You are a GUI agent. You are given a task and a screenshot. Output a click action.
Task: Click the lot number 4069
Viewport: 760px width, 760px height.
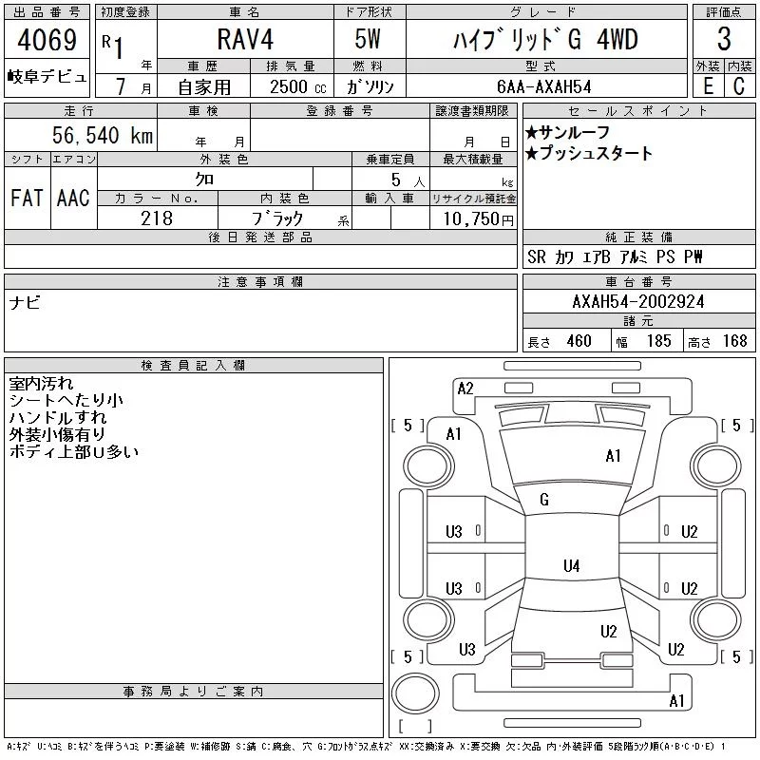pyautogui.click(x=47, y=40)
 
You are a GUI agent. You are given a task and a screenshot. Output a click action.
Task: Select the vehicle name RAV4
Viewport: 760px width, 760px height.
pyautogui.click(x=245, y=39)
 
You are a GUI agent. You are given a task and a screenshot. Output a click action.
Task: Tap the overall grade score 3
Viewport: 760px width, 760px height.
pyautogui.click(x=724, y=39)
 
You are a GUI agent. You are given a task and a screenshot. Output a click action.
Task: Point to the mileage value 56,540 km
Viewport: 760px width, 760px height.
pyautogui.click(x=103, y=135)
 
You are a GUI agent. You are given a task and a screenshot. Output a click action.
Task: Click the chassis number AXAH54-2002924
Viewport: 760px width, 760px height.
pyautogui.click(x=638, y=302)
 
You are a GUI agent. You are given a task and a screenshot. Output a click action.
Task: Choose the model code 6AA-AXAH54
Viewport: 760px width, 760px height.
pyautogui.click(x=544, y=86)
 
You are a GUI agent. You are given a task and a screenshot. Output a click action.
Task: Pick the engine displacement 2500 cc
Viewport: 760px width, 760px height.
pyautogui.click(x=298, y=87)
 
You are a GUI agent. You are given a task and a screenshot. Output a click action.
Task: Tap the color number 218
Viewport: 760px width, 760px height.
pyautogui.click(x=157, y=218)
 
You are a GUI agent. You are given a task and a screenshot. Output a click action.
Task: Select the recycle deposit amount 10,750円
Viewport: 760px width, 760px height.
pyautogui.click(x=479, y=219)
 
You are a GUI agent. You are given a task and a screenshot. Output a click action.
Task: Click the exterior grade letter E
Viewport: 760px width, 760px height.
pyautogui.click(x=708, y=86)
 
